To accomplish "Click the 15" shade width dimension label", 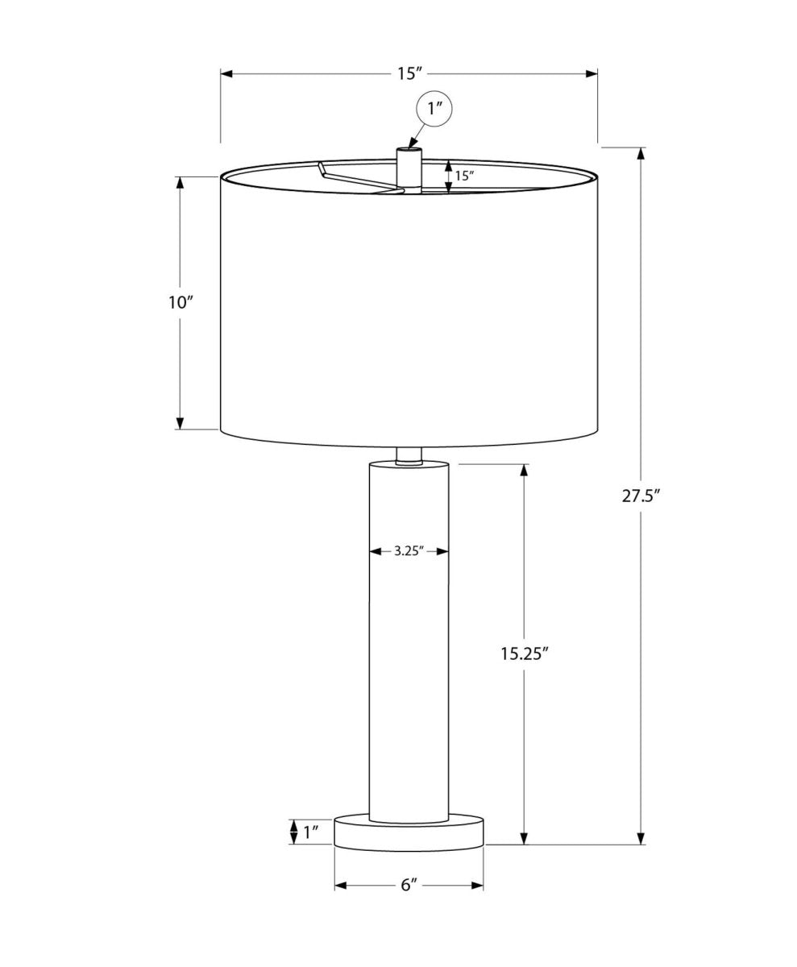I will click(409, 73).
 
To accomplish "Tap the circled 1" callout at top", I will click(435, 109).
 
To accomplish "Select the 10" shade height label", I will click(181, 303).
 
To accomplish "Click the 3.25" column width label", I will click(409, 552).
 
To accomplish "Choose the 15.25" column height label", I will click(524, 654).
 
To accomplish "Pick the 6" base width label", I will click(409, 885).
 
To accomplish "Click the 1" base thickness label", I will click(311, 832).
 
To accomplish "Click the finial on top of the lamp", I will click(409, 168).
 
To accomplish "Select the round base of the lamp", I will click(409, 834).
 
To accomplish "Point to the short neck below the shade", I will click(409, 455).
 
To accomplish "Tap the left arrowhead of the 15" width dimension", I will click(227, 73).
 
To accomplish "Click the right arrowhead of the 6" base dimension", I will click(477, 886).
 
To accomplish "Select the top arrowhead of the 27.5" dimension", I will click(641, 154).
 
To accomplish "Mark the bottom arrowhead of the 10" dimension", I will click(181, 423).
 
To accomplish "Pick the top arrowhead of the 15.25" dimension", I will click(524, 471).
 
